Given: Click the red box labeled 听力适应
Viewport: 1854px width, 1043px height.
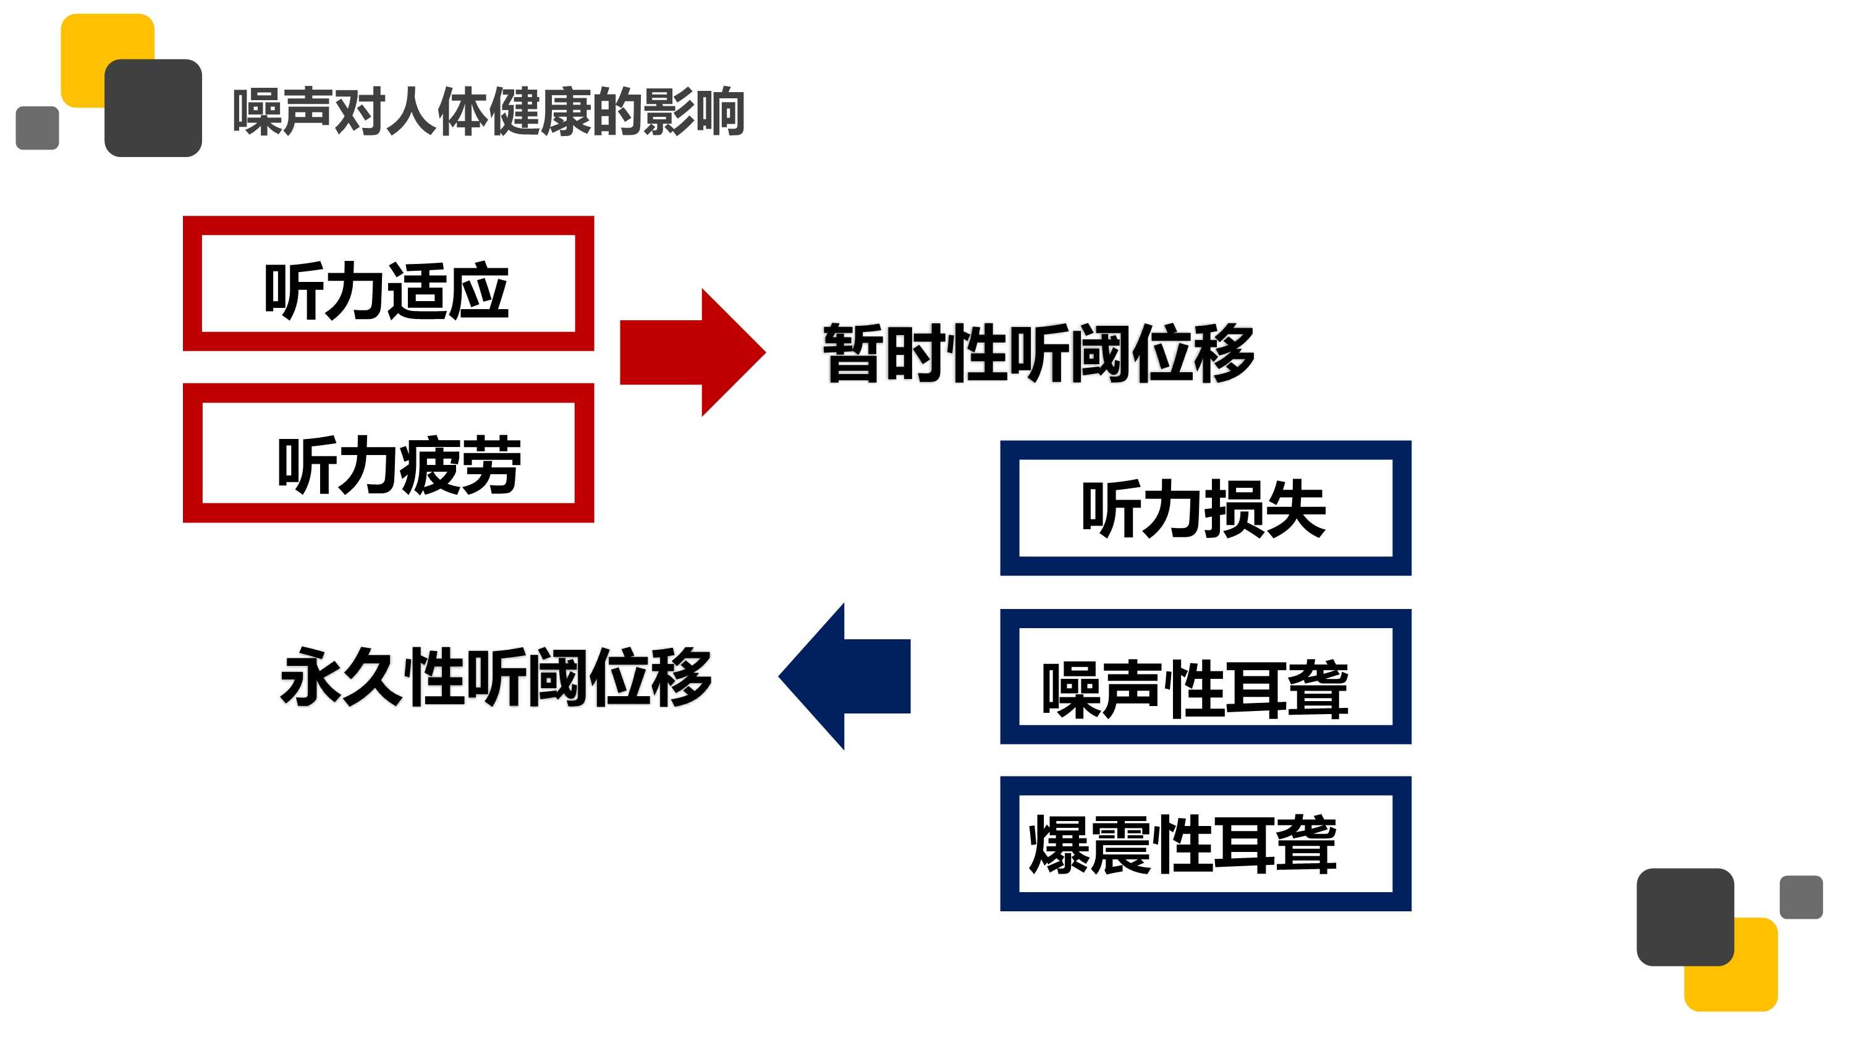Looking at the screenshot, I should pos(388,284).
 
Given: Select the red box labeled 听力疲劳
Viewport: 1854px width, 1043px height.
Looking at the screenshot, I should pos(388,453).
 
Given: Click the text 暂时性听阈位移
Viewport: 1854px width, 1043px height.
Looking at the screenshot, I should pos(1039,352).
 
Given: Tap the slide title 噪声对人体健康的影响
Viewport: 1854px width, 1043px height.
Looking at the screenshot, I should pos(489,111).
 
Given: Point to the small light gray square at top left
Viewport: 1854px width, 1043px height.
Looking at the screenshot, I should pos(36,128).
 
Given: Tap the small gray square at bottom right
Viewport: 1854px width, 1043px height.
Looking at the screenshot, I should pos(1801,897).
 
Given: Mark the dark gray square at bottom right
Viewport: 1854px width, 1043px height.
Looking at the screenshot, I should pos(1684,916).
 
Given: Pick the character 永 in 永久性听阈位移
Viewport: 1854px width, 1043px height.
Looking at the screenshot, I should pos(310,676).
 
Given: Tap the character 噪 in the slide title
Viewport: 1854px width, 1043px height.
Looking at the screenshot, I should pos(257,111).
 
